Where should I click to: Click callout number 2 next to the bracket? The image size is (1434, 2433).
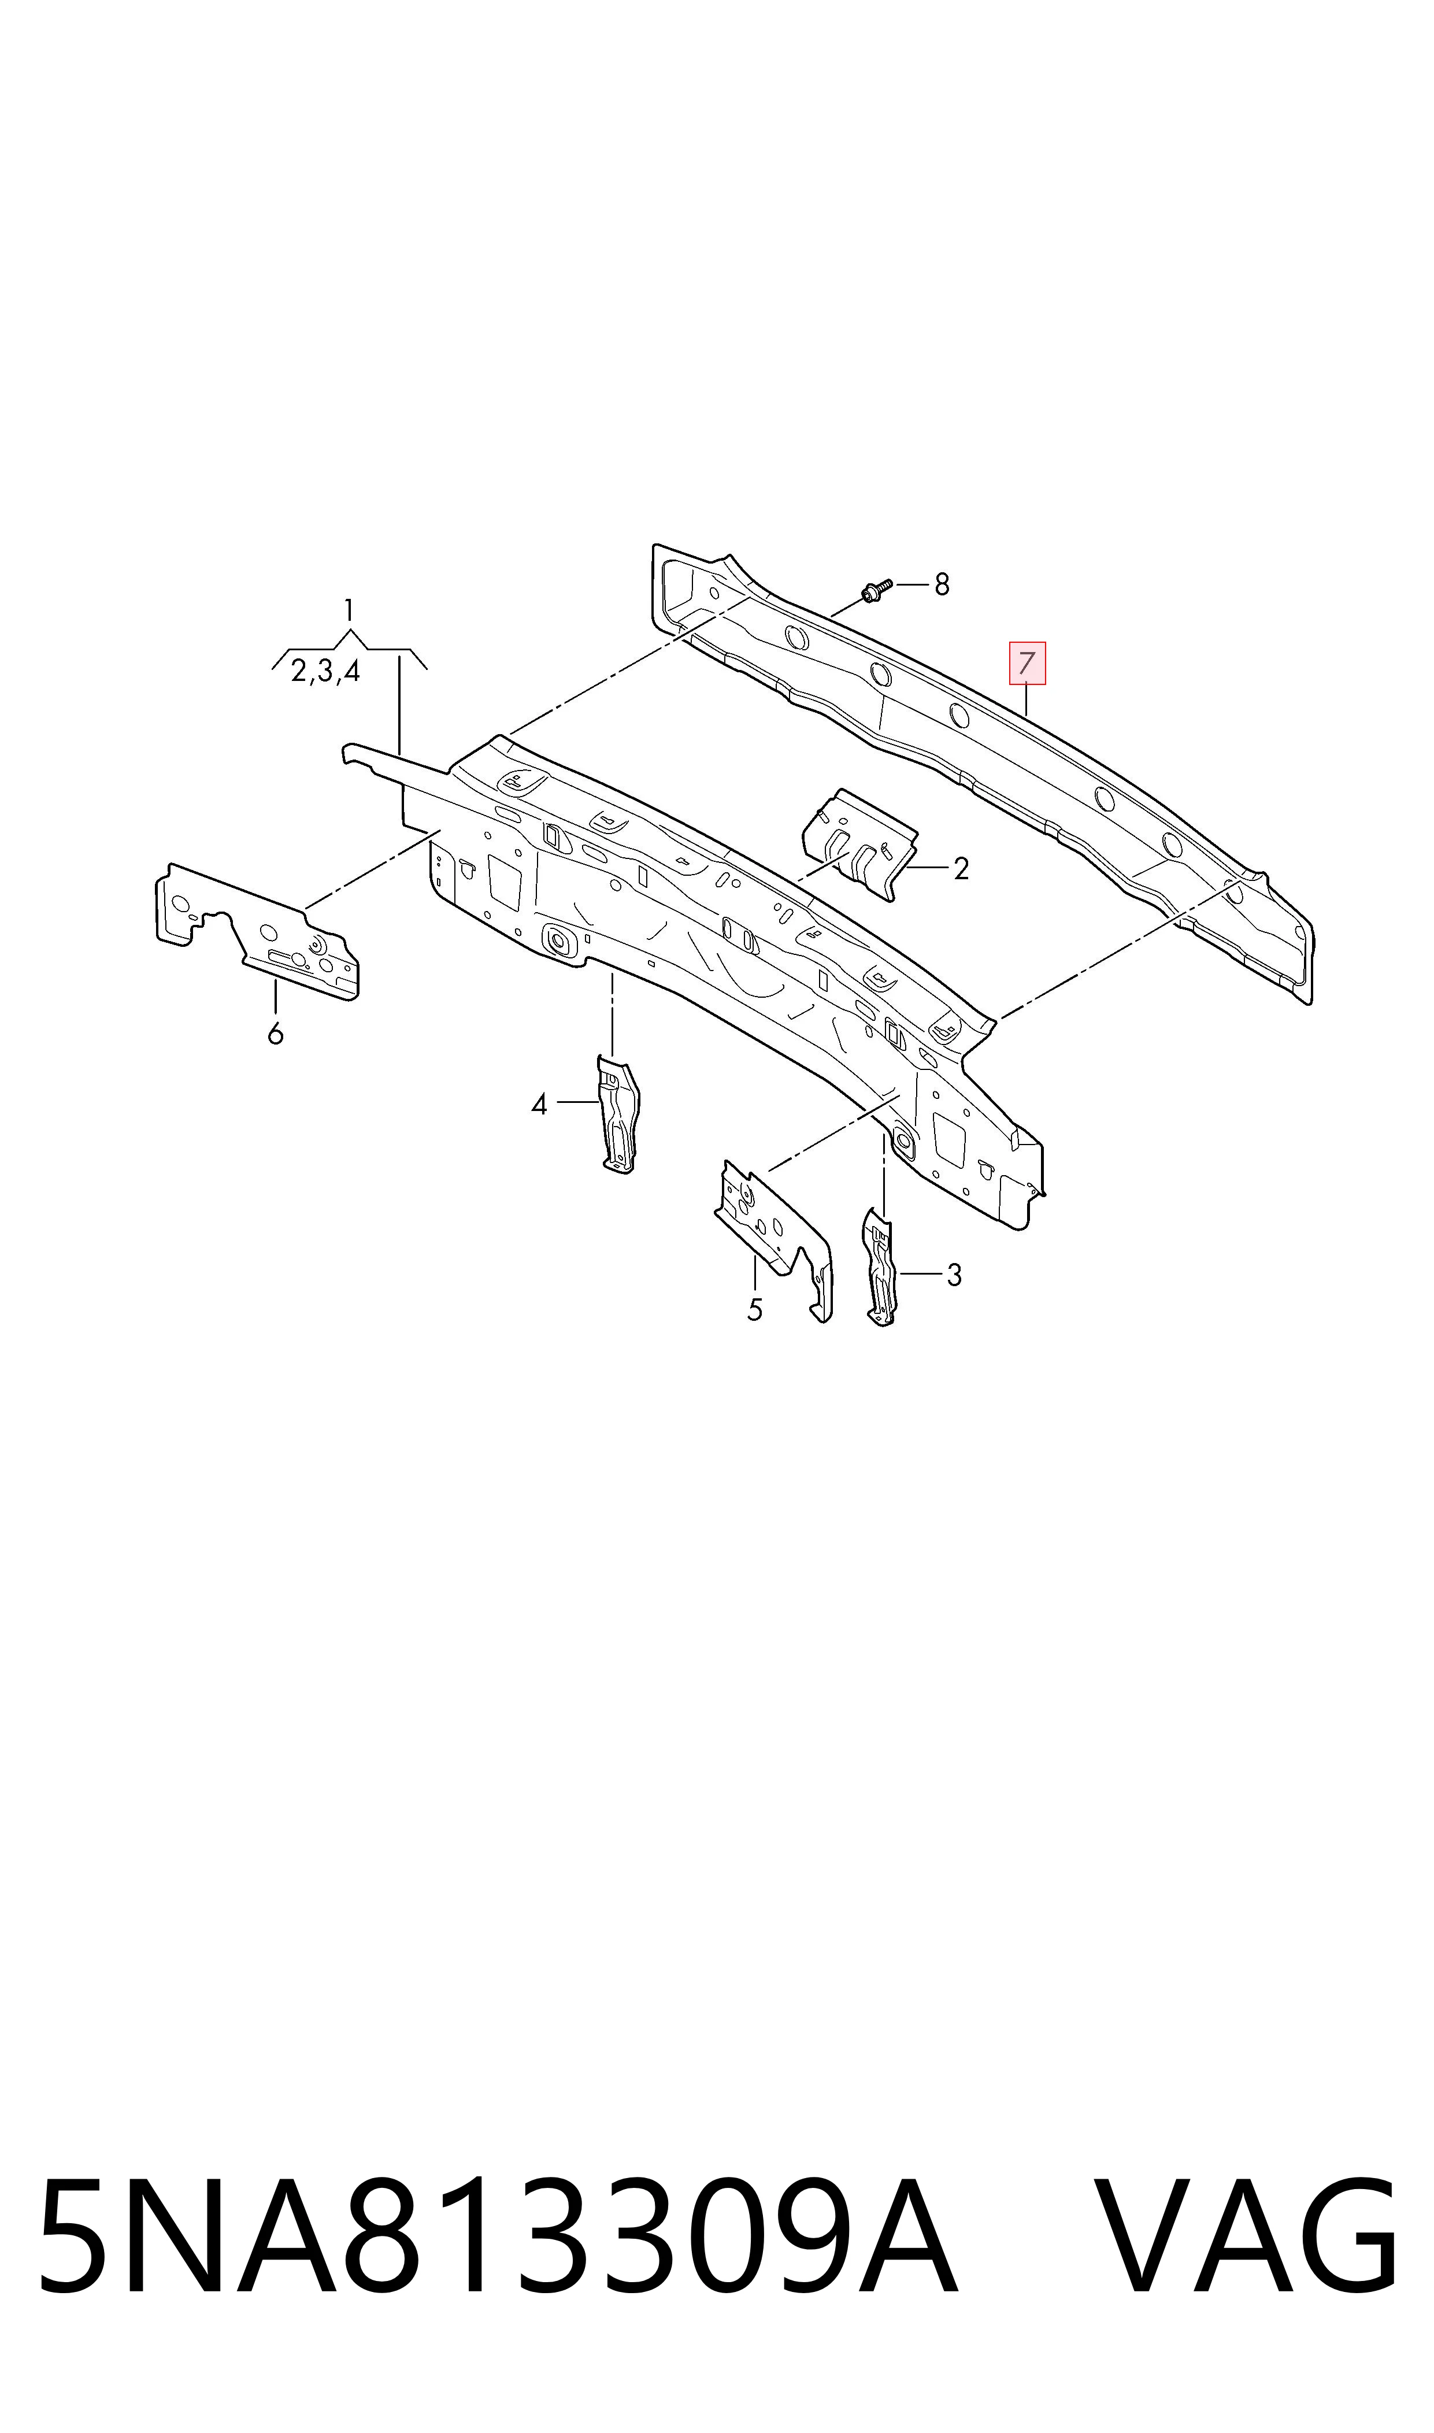[961, 869]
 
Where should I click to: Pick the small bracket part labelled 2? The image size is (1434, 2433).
[858, 843]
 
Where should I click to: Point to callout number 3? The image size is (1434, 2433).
[954, 1275]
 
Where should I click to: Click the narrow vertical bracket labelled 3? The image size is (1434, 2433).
[879, 1266]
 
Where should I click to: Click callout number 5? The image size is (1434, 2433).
[755, 1310]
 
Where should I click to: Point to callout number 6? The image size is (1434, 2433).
[275, 1035]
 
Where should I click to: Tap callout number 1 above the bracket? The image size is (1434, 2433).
[349, 610]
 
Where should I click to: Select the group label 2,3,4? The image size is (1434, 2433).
[325, 671]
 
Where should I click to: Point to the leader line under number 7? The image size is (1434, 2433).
[1027, 699]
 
